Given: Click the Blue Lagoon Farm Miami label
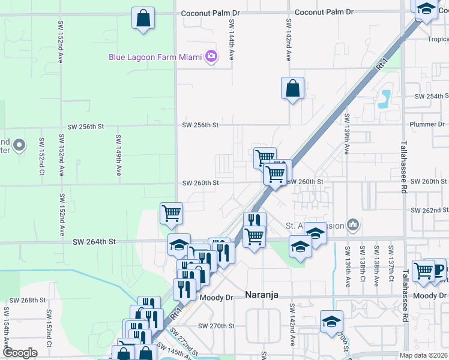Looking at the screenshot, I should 155,58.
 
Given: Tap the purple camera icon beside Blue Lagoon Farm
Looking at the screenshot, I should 211,57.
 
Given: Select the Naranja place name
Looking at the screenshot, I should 264,295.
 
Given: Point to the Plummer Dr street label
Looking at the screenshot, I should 427,124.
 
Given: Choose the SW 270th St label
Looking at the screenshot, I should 218,326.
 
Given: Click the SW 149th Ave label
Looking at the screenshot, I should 119,155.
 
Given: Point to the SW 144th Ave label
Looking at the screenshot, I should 232,39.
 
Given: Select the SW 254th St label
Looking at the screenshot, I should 435,96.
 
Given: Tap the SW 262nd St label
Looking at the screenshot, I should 430,211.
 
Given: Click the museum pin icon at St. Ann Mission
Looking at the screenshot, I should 352,226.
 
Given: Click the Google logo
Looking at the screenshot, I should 20,353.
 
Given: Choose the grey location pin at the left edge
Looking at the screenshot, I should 19,145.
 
